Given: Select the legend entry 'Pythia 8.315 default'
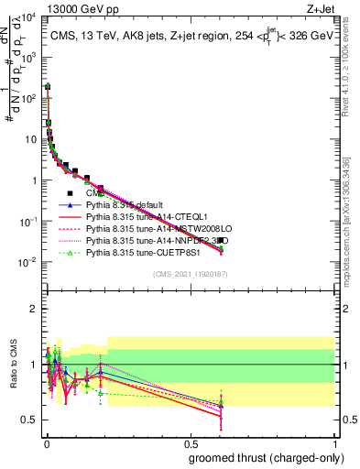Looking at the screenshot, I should [x=136, y=206].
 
